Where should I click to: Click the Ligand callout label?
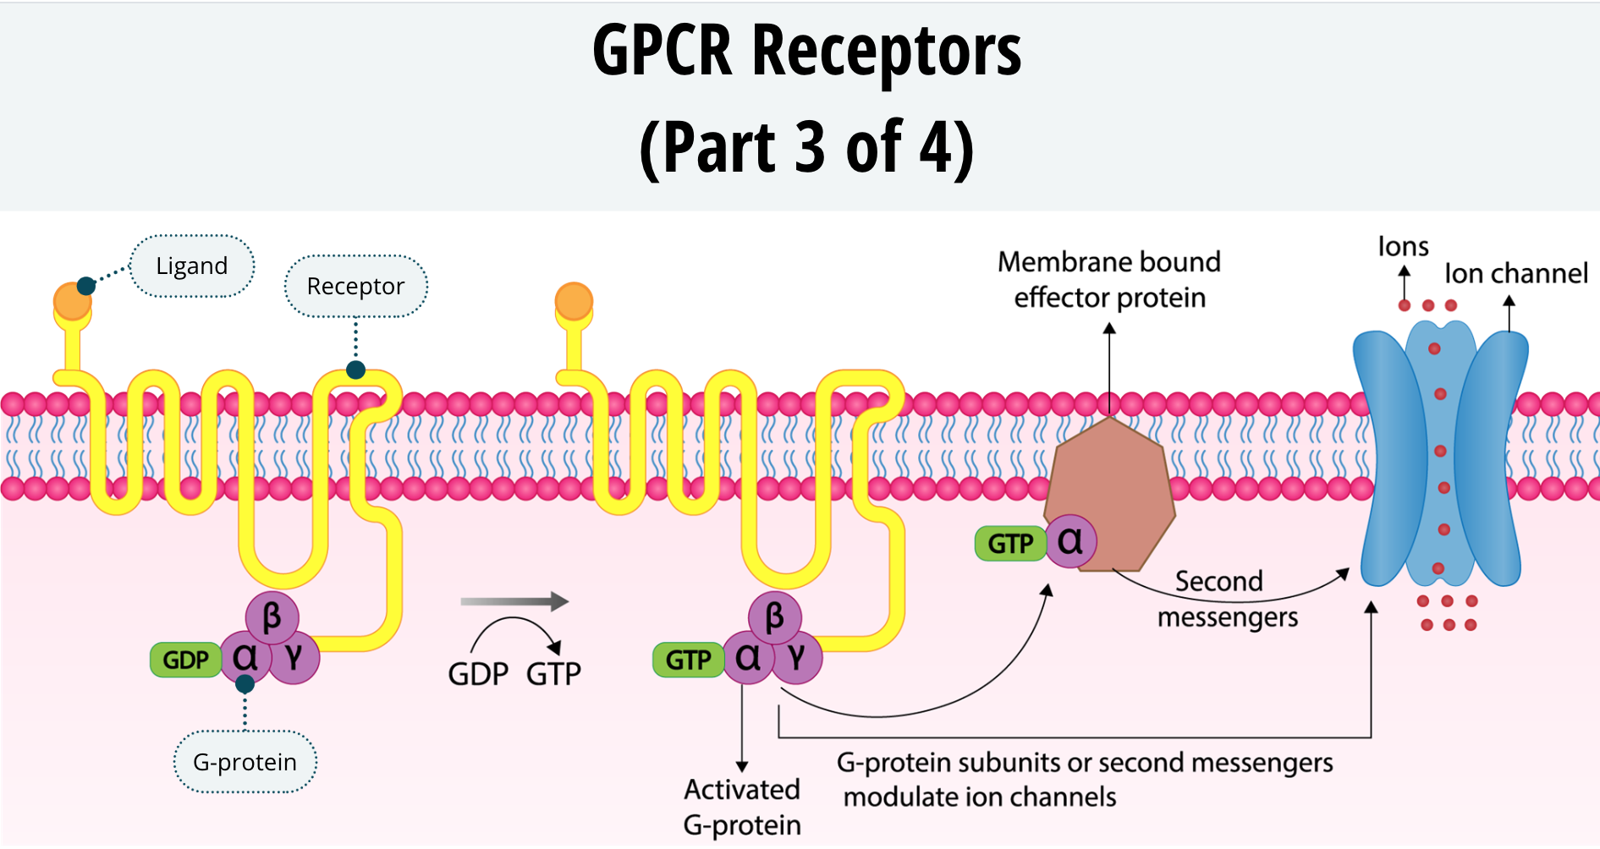click(192, 266)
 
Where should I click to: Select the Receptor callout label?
click(355, 286)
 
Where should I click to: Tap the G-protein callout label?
click(245, 762)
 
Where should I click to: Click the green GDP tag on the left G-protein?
click(185, 660)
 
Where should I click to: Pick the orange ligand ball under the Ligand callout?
click(71, 302)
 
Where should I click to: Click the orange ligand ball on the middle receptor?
click(574, 301)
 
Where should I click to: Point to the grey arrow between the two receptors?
click(514, 601)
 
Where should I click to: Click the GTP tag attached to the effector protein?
click(1010, 543)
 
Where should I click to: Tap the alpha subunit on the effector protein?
click(1070, 541)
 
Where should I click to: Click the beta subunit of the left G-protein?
click(272, 616)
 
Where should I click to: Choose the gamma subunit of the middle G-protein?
click(796, 658)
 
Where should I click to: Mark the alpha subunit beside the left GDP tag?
click(245, 658)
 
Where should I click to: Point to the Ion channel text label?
click(1515, 273)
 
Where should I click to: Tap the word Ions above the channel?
click(1403, 246)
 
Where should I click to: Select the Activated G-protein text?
click(741, 807)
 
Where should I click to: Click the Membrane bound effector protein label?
click(1109, 279)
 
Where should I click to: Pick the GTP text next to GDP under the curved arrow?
click(553, 674)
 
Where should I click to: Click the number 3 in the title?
click(810, 147)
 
